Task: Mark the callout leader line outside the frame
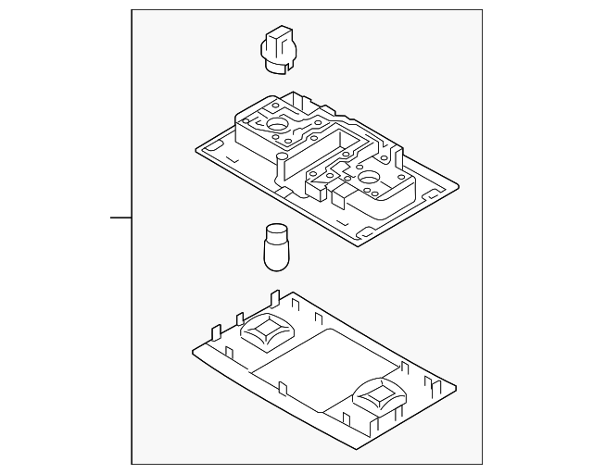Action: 120,218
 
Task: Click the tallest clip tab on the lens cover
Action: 275,298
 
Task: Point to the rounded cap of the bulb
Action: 274,231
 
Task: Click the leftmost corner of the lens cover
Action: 192,349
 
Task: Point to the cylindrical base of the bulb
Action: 275,256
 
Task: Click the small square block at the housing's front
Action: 341,193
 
